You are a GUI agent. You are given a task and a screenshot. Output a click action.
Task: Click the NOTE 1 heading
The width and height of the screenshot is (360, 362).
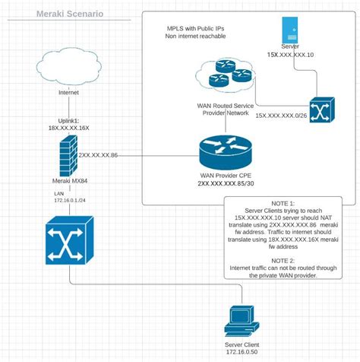[286, 203]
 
